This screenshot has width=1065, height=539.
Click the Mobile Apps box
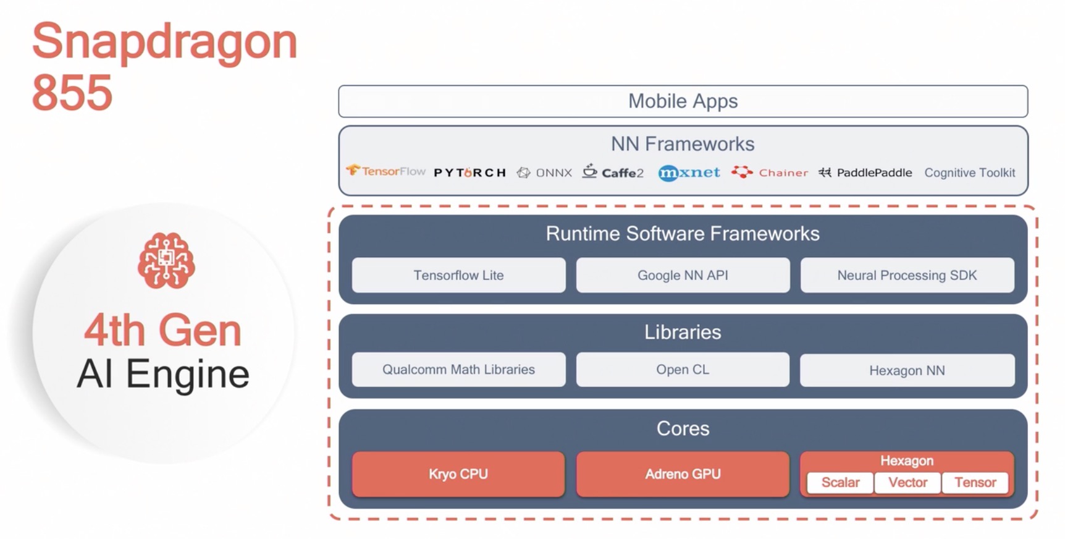click(683, 101)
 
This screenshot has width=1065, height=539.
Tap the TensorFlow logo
click(385, 171)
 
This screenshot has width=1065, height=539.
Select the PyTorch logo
click(469, 172)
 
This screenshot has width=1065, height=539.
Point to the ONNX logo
click(544, 172)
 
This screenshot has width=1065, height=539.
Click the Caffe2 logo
click(613, 171)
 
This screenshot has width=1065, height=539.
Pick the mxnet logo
click(689, 172)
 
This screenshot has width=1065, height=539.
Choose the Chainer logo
click(770, 172)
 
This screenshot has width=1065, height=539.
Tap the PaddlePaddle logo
click(865, 172)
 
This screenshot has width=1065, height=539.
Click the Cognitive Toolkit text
click(969, 173)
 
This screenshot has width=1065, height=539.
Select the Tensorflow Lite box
click(458, 275)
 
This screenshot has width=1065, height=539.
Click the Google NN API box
click(683, 275)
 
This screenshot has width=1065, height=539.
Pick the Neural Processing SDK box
click(907, 275)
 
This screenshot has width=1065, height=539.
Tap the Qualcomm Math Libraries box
click(458, 370)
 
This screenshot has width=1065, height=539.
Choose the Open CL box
click(683, 370)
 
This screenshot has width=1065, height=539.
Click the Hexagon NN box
click(907, 370)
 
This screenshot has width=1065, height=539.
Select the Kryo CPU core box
click(458, 474)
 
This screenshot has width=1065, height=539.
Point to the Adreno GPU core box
click(683, 474)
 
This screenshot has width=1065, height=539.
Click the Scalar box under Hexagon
click(840, 483)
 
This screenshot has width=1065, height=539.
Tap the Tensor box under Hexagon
click(975, 483)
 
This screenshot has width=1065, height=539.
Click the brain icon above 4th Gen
click(166, 260)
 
